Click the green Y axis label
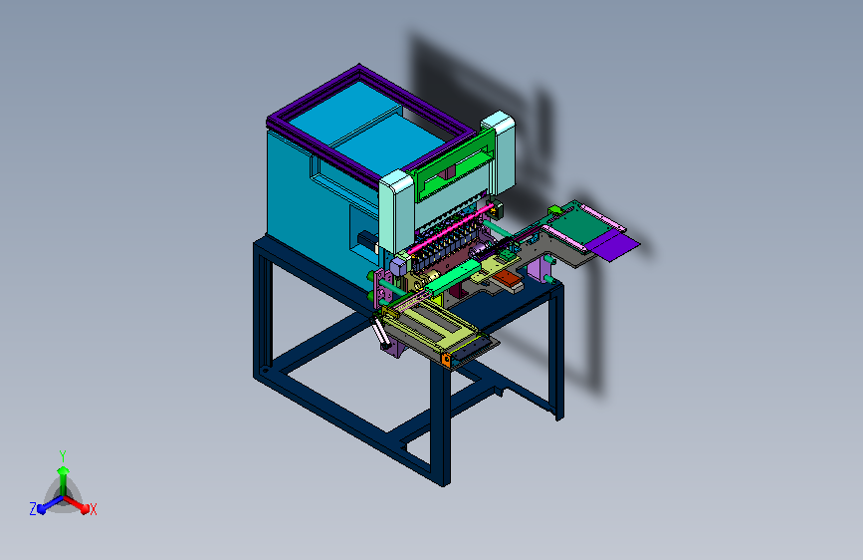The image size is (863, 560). point(63,456)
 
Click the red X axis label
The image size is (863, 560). point(93,510)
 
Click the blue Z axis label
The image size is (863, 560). point(33,509)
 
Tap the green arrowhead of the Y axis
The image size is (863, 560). point(63,470)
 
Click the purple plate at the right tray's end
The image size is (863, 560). point(614,246)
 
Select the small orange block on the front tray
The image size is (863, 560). point(446,361)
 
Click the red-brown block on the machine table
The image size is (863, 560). point(508,279)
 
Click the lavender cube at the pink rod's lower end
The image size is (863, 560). point(398,267)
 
